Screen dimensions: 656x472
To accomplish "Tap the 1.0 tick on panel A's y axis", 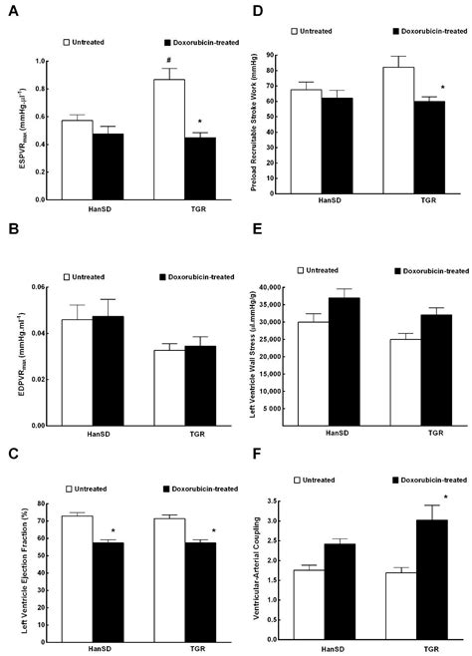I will pyautogui.click(x=51, y=61).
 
